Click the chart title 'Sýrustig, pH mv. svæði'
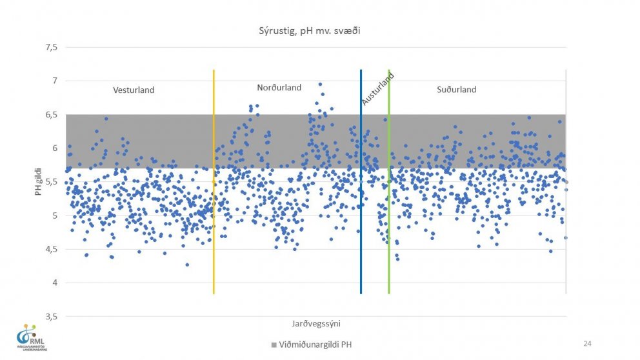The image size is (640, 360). pos(308,30)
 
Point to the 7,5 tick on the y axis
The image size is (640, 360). pos(50,47)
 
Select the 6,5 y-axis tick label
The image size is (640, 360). pos(50,115)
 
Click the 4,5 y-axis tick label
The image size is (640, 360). pos(50,249)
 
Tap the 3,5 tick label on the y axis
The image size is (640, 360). pos(50,317)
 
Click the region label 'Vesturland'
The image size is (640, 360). pos(134,90)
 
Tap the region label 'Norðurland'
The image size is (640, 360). pos(279,88)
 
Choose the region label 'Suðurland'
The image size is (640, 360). pos(456,90)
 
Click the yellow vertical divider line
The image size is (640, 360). pos(214,194)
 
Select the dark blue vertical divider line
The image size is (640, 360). pos(361,194)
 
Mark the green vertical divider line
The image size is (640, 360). pos(389,194)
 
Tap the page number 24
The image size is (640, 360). pos(587,343)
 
